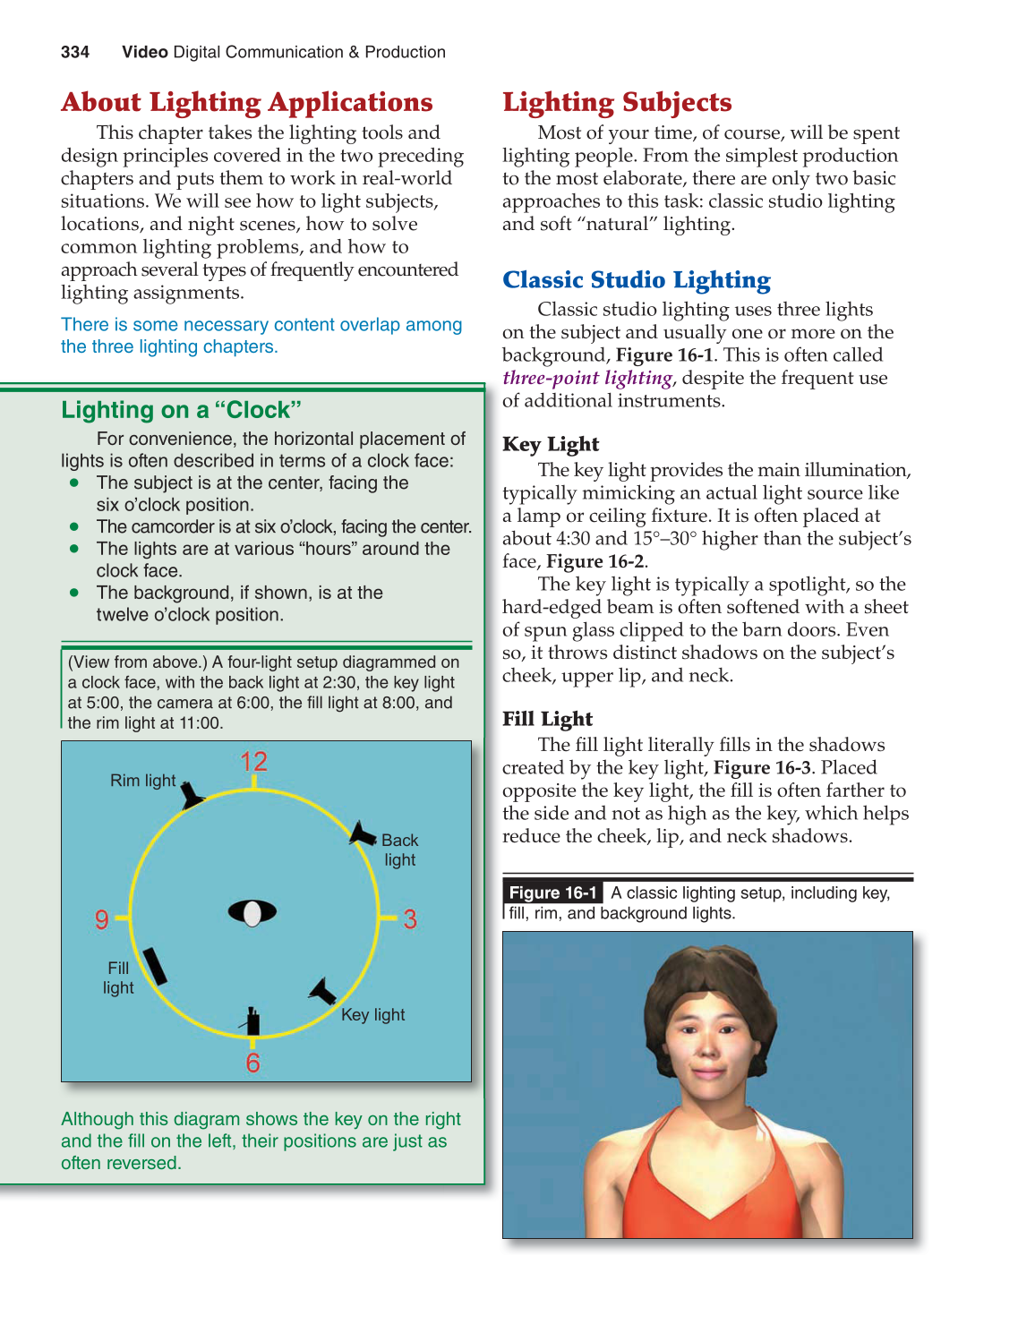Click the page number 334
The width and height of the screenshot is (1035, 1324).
tap(75, 52)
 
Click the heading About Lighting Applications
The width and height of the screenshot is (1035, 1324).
tap(247, 102)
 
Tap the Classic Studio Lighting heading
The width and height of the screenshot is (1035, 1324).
tap(636, 280)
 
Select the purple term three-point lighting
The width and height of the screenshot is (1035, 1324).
tap(587, 378)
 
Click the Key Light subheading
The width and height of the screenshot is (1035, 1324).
tap(551, 444)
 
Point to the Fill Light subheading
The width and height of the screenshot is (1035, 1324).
tap(547, 719)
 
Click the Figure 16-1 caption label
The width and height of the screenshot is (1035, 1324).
tap(552, 893)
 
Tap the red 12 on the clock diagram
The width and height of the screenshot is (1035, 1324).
tap(253, 762)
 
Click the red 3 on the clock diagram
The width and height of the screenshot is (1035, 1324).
tap(410, 919)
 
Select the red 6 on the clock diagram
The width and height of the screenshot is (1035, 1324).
tap(253, 1063)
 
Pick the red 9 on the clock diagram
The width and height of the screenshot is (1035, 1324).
tap(102, 919)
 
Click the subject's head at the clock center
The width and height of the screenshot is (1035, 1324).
tap(252, 912)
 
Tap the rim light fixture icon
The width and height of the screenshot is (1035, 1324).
tap(192, 795)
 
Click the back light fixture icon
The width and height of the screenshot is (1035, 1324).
tap(362, 834)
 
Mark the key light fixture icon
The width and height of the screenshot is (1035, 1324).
tap(322, 991)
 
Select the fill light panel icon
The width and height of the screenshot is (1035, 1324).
tap(155, 966)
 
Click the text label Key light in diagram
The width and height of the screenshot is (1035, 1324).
tap(372, 1015)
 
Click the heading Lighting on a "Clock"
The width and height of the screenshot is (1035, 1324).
tap(181, 410)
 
